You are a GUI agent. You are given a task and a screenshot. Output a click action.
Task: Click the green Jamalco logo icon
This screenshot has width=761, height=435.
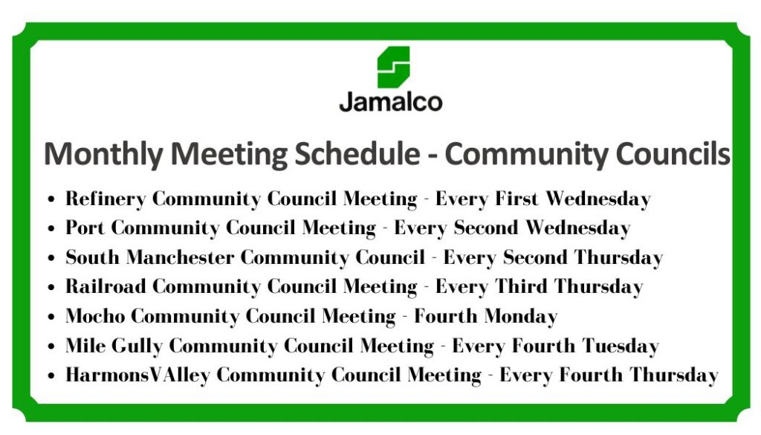coord(394,67)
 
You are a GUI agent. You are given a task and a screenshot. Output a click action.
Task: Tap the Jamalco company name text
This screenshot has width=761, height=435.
coord(391,101)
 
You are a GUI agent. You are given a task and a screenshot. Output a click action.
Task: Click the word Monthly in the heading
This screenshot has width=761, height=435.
coord(103,155)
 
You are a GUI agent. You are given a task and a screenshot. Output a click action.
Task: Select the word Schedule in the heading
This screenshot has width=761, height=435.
coord(357,154)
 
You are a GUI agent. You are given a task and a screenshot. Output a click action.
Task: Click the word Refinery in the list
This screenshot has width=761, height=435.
coord(106,199)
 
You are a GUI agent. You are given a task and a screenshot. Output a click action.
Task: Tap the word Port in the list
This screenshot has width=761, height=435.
coord(85,228)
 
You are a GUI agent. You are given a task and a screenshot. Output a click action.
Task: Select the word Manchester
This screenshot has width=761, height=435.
coord(180,257)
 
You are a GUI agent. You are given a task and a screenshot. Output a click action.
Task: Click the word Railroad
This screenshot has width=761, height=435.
coord(106,286)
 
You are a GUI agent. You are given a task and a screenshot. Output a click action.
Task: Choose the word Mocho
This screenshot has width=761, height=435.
coord(95,316)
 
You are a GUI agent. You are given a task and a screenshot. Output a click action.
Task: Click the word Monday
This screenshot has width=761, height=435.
coord(521,317)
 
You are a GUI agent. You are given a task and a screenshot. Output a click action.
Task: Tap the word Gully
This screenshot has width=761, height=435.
coord(137,347)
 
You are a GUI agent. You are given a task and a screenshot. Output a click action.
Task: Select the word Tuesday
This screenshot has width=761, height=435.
coord(621,347)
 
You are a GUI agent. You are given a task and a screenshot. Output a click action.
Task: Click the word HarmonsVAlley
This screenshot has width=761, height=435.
coord(137,376)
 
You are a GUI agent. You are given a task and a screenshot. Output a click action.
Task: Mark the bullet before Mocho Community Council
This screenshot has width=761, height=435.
coord(51,317)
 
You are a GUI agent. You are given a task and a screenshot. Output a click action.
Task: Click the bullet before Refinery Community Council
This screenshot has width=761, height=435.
coord(51,199)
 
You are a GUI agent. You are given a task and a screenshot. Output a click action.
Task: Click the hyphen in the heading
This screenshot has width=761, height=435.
coord(432,156)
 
